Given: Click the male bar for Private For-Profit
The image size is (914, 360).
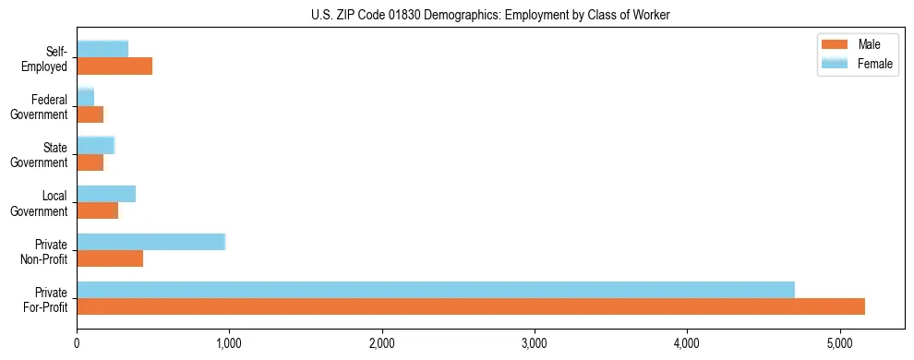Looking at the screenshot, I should [471, 306].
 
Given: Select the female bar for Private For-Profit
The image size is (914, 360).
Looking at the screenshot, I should [436, 290].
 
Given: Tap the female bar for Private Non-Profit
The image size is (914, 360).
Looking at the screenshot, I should [151, 242].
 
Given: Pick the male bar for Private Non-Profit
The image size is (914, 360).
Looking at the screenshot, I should [110, 258].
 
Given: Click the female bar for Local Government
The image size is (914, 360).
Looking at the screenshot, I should [106, 194].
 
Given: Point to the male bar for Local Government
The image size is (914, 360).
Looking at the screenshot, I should [98, 210].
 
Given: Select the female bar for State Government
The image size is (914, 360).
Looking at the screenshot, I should [96, 146].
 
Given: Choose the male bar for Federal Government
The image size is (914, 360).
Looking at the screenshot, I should [90, 114].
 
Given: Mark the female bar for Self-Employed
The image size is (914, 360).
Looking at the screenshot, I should [102, 49].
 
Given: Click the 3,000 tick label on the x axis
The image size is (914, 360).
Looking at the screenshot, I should [535, 343].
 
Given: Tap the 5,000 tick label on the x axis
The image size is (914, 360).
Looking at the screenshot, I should [839, 343].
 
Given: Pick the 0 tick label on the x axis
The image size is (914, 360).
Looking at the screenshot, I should [77, 343].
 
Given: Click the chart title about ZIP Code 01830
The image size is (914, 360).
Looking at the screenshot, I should [490, 15].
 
